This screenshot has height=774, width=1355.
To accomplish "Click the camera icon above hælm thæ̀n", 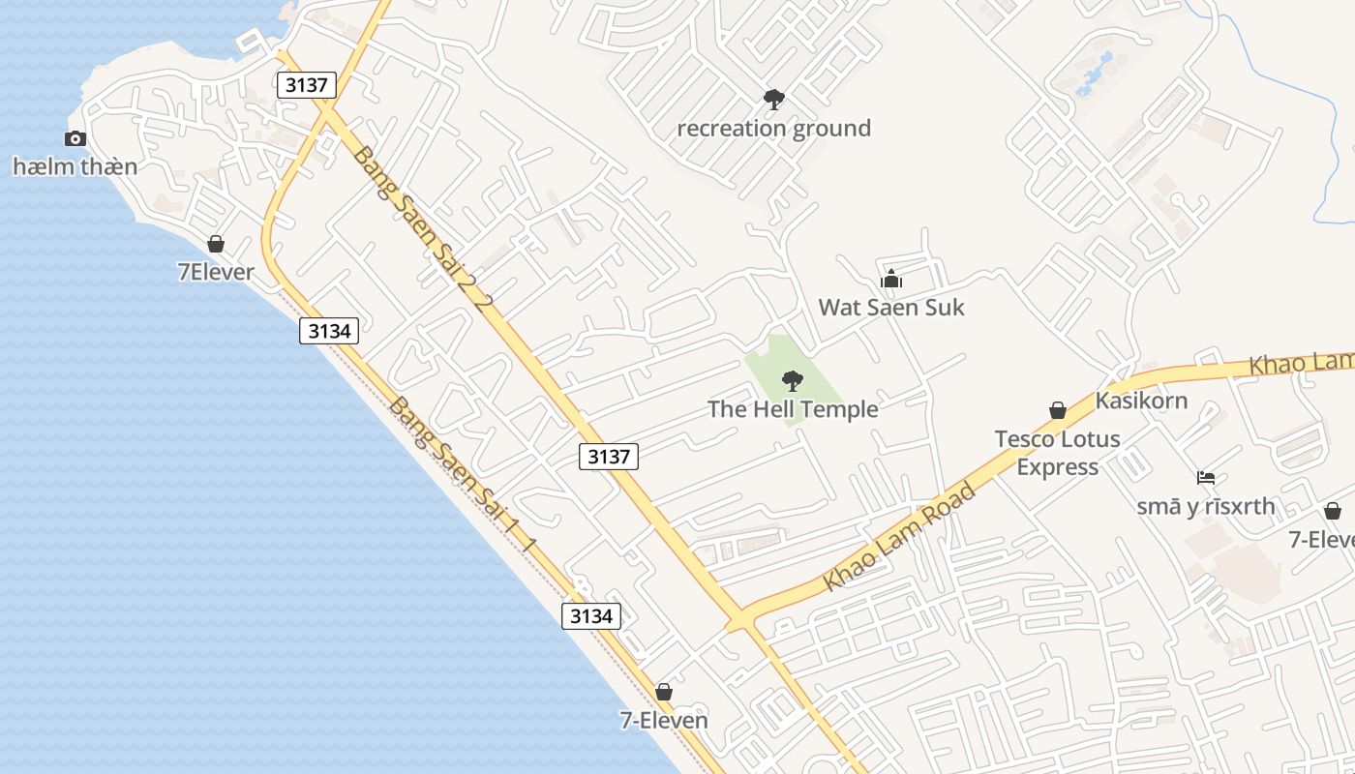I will click(75, 139).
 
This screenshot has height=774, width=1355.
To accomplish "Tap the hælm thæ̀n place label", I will click(75, 166).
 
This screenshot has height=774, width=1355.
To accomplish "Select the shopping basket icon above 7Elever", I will click(216, 244).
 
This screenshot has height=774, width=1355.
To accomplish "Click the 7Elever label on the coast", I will click(216, 272).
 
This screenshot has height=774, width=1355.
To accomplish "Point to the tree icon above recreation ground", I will click(773, 99).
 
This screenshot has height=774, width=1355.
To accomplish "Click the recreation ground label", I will click(773, 129).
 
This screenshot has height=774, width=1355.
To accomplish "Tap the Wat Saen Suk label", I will click(891, 308).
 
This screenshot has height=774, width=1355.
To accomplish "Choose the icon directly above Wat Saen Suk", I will click(891, 281).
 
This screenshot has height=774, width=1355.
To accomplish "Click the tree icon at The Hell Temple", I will click(793, 380).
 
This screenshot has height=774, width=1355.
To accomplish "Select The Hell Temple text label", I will click(793, 409).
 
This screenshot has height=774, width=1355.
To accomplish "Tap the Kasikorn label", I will click(1141, 401).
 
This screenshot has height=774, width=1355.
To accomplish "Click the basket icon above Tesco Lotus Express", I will click(1058, 411).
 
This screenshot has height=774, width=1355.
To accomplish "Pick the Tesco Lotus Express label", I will click(1058, 453).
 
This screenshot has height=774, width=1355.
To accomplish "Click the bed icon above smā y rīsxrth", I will click(1206, 478).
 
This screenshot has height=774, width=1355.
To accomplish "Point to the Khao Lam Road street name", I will click(898, 538).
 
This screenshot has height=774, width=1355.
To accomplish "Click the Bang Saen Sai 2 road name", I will click(423, 228).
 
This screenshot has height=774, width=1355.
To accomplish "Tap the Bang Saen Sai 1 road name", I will click(463, 474).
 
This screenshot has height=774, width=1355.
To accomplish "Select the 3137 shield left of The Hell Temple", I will click(609, 457).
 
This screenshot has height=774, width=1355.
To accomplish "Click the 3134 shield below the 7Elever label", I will click(329, 331).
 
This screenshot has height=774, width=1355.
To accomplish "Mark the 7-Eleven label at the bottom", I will click(664, 721).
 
